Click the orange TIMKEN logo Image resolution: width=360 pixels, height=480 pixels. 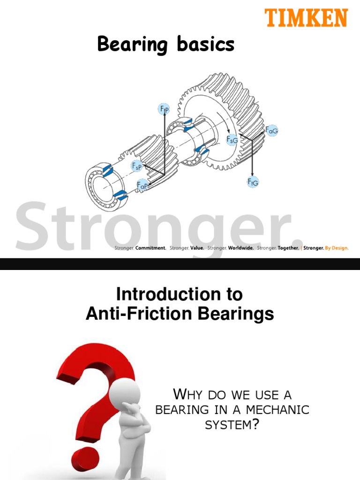[307, 18]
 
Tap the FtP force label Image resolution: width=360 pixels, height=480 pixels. [164, 109]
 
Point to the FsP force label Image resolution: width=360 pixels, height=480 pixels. [137, 166]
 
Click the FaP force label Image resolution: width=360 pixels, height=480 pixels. [142, 185]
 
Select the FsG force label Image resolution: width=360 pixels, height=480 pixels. [232, 139]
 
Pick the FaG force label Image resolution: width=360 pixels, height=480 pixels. [271, 131]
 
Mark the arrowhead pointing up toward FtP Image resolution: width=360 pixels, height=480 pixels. [164, 117]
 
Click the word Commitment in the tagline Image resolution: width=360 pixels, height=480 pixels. [150, 248]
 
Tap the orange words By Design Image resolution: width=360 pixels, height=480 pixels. [337, 248]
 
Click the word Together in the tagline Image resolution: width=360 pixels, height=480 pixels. [288, 248]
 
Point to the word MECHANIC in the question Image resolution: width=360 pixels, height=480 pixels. [281, 409]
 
